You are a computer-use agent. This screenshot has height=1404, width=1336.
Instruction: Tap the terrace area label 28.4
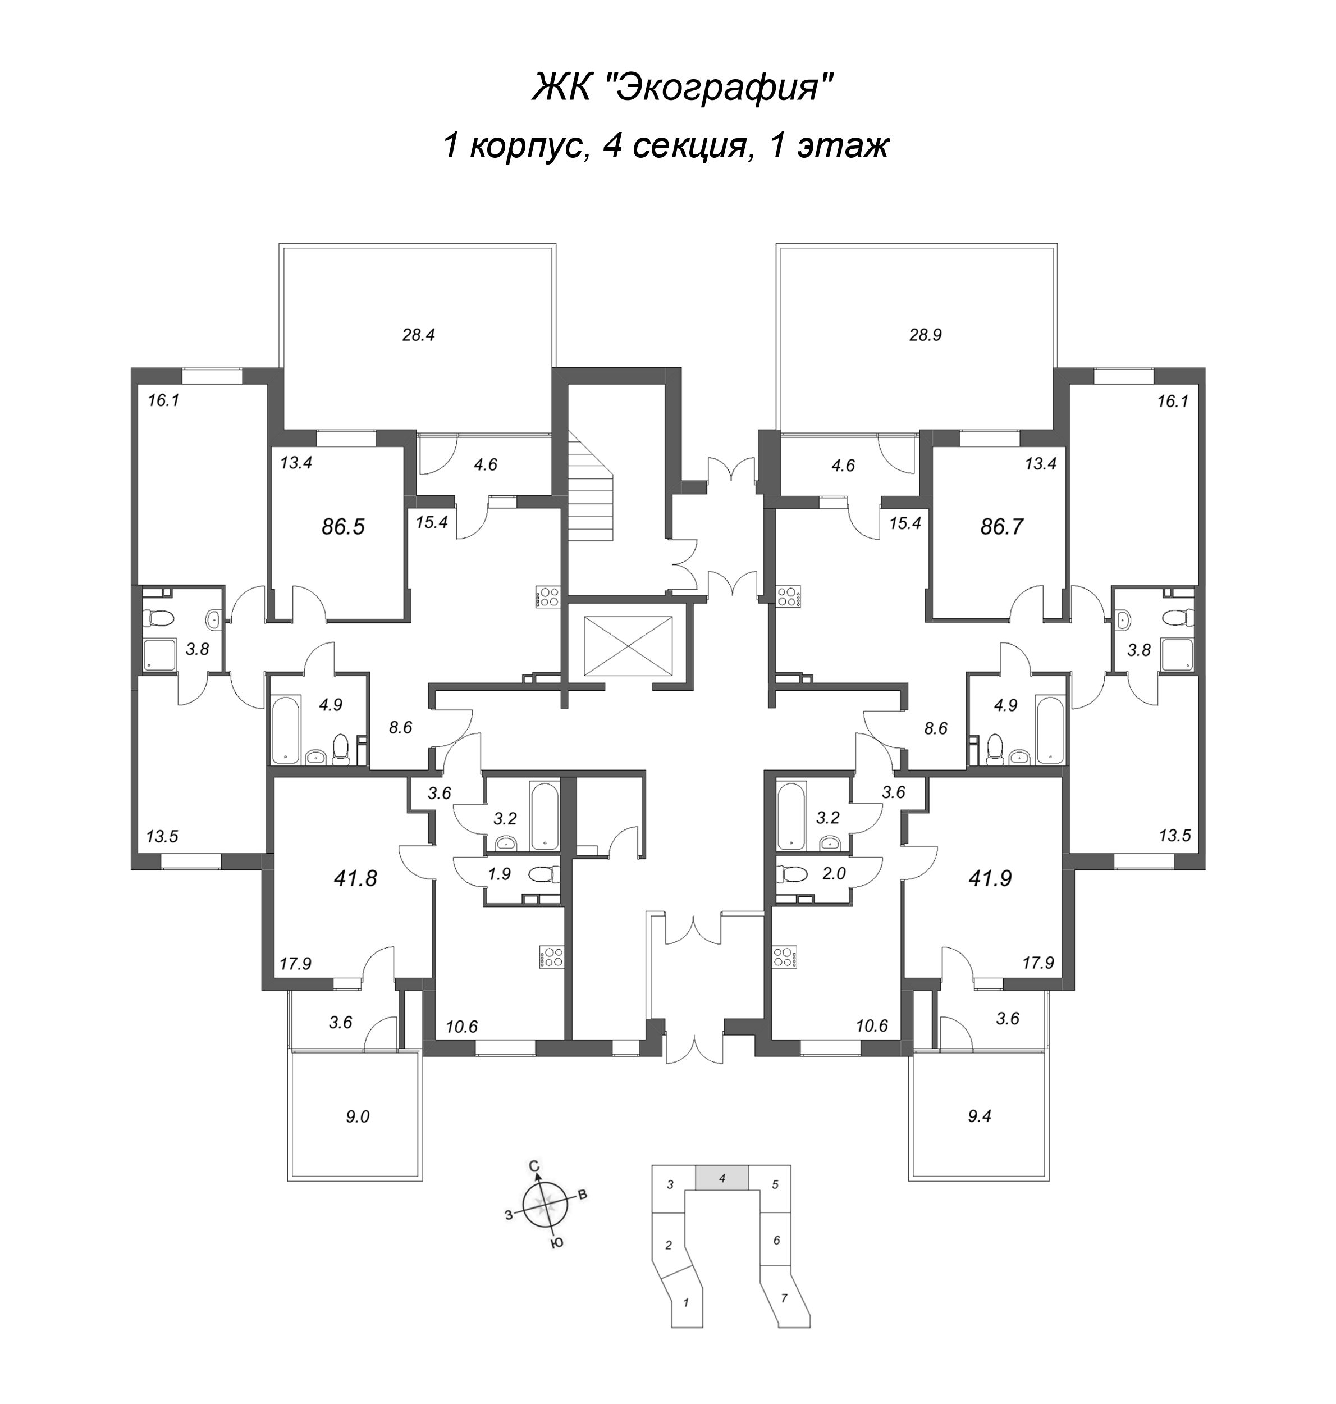[x=418, y=335]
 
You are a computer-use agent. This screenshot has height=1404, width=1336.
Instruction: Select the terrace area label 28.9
[x=925, y=335]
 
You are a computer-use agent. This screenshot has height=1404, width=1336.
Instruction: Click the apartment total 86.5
[x=342, y=527]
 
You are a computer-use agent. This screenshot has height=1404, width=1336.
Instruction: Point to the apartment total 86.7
[x=1001, y=527]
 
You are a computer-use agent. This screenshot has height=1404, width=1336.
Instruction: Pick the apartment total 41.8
[x=355, y=878]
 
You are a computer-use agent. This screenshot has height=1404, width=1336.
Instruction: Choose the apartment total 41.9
[x=990, y=878]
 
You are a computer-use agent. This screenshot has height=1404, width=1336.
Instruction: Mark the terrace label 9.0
[x=358, y=1117]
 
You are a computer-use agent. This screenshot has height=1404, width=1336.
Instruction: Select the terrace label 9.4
[x=980, y=1116]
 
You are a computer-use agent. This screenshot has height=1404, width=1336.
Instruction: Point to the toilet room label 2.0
[x=833, y=874]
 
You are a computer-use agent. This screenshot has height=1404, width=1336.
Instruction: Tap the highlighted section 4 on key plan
[x=721, y=1178]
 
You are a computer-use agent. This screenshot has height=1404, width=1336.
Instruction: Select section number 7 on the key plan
[x=784, y=1298]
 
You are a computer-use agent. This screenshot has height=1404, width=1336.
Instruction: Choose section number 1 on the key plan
[x=686, y=1303]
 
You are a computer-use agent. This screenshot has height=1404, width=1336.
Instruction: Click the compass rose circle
[x=545, y=1207]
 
